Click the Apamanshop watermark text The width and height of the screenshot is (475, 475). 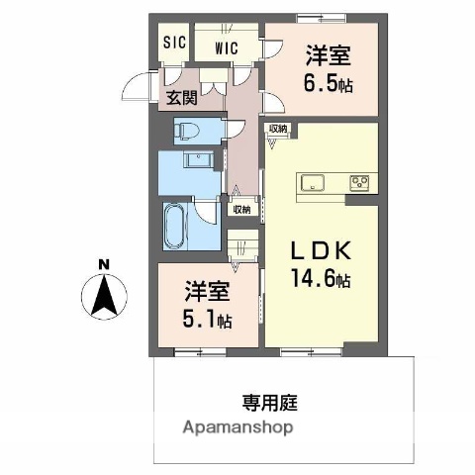[237, 427]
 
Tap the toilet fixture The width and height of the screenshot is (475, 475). [187, 130]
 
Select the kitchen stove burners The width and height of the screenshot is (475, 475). [357, 182]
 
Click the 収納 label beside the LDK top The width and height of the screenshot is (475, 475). [277, 129]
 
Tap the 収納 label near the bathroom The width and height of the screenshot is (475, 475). [242, 210]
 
